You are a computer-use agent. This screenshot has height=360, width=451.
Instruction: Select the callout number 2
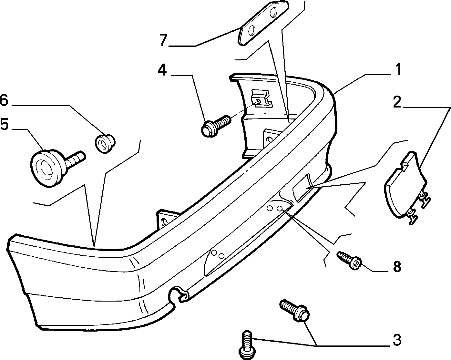pos(397,102)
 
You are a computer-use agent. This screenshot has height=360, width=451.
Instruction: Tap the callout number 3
pos(397,340)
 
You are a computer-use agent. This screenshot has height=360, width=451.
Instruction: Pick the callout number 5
pos(4,124)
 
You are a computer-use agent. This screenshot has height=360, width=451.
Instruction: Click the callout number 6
pos(4,100)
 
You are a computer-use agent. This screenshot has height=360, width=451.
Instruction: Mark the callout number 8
pos(397,267)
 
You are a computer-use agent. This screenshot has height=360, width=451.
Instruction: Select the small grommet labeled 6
pos(105,144)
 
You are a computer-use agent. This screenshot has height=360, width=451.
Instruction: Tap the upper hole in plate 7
pos(273,13)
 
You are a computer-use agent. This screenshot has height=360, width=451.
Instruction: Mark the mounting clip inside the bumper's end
pos(262,98)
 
